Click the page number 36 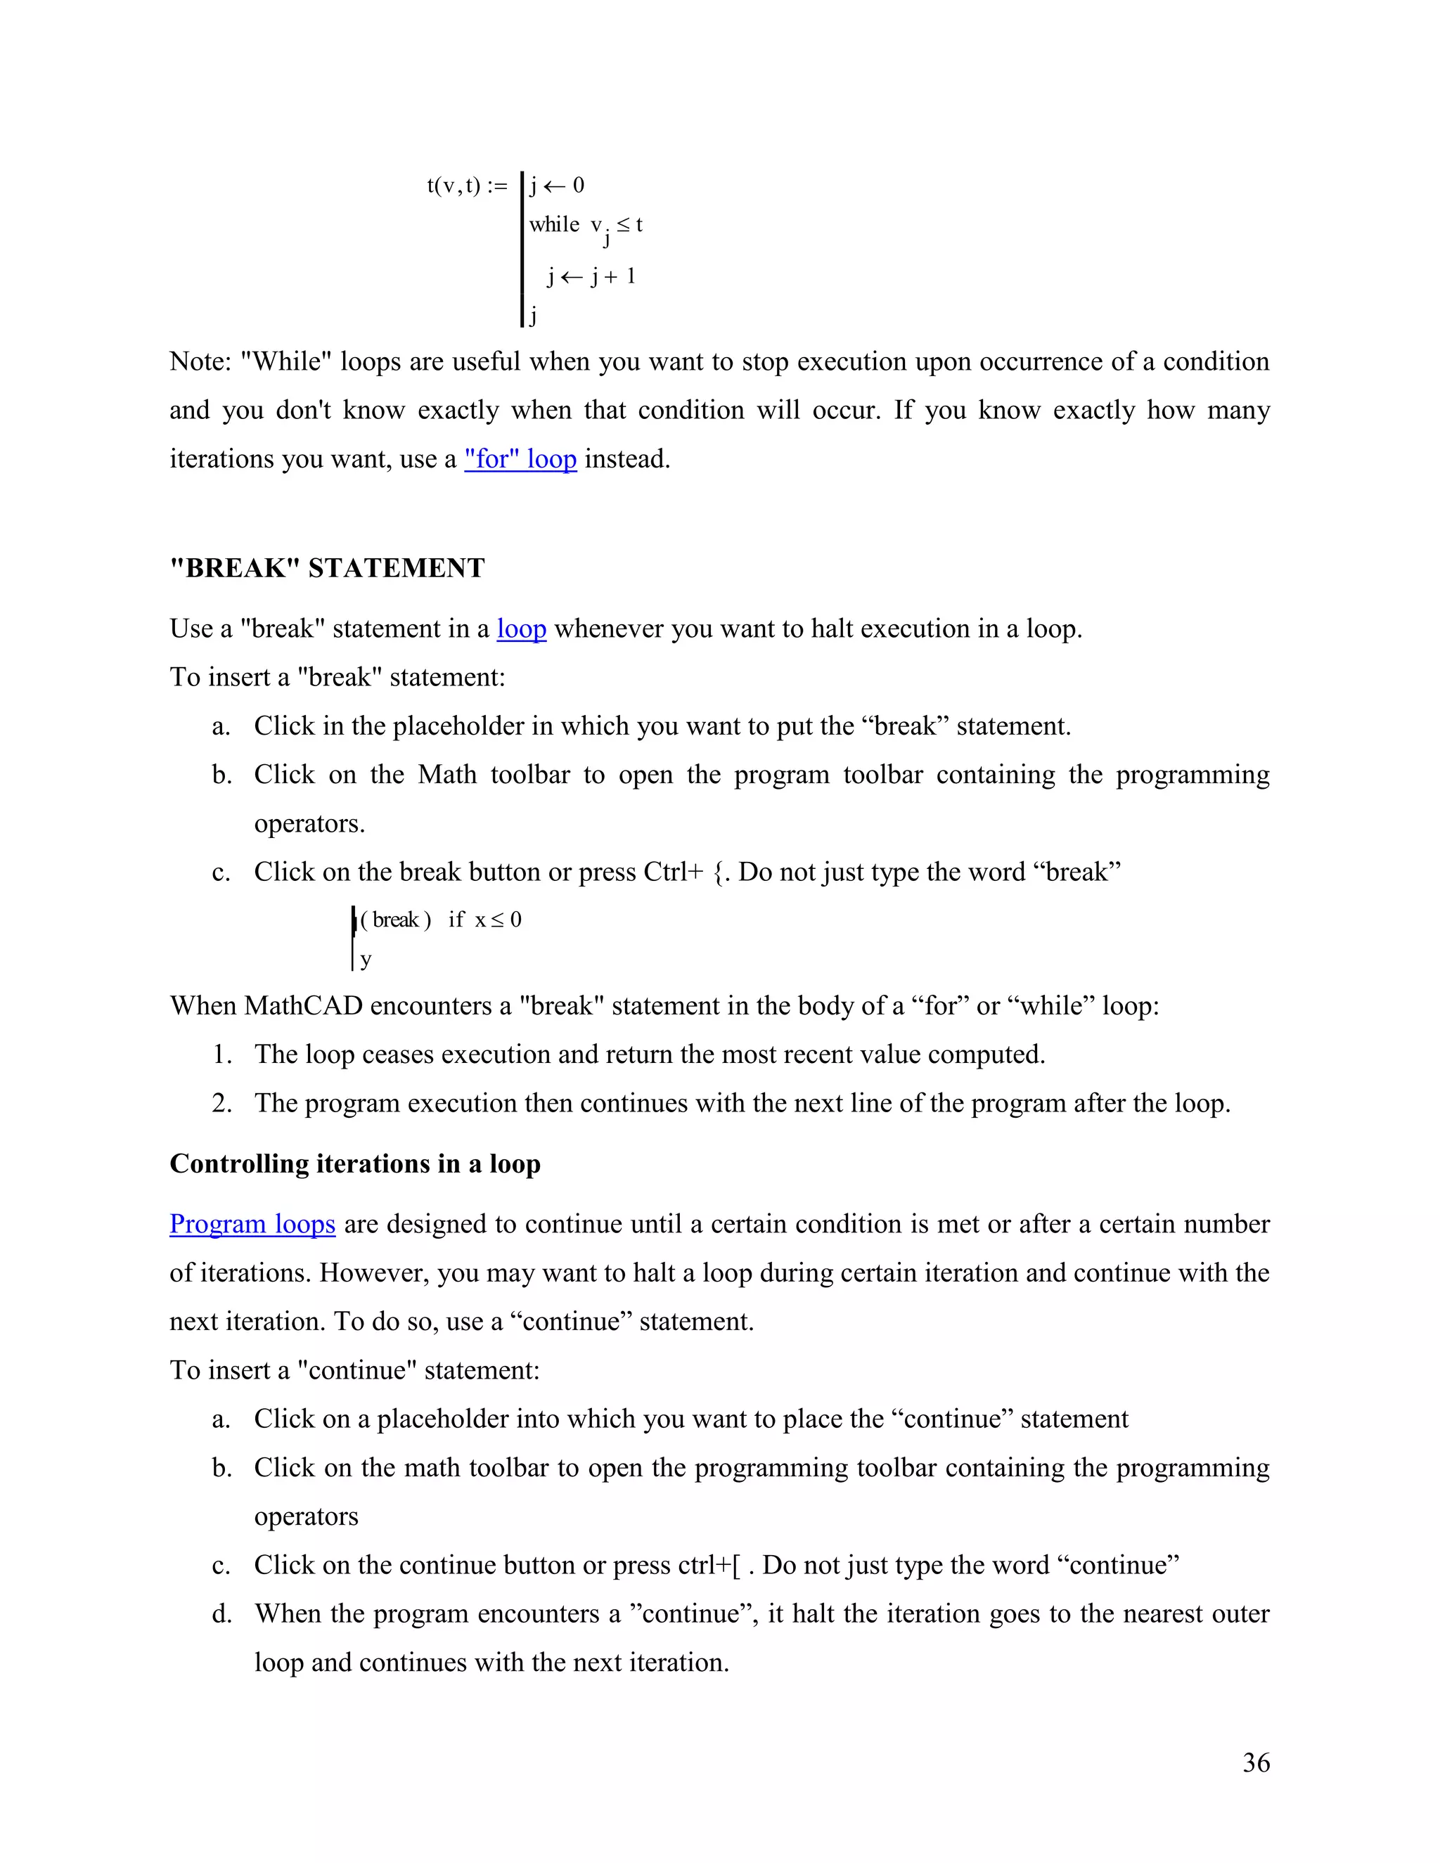1256,1762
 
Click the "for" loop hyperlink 520,459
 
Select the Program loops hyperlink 252,1224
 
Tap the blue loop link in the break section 521,628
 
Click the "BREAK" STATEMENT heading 328,568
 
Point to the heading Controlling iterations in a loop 355,1163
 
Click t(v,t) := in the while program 467,185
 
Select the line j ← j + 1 591,276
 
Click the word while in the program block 553,224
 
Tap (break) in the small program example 396,920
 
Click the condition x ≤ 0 499,920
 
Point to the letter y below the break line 366,960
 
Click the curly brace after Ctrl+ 719,872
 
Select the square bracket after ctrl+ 737,1566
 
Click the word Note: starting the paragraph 200,361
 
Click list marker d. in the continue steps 221,1614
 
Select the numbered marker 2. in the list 221,1103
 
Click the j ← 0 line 557,185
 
